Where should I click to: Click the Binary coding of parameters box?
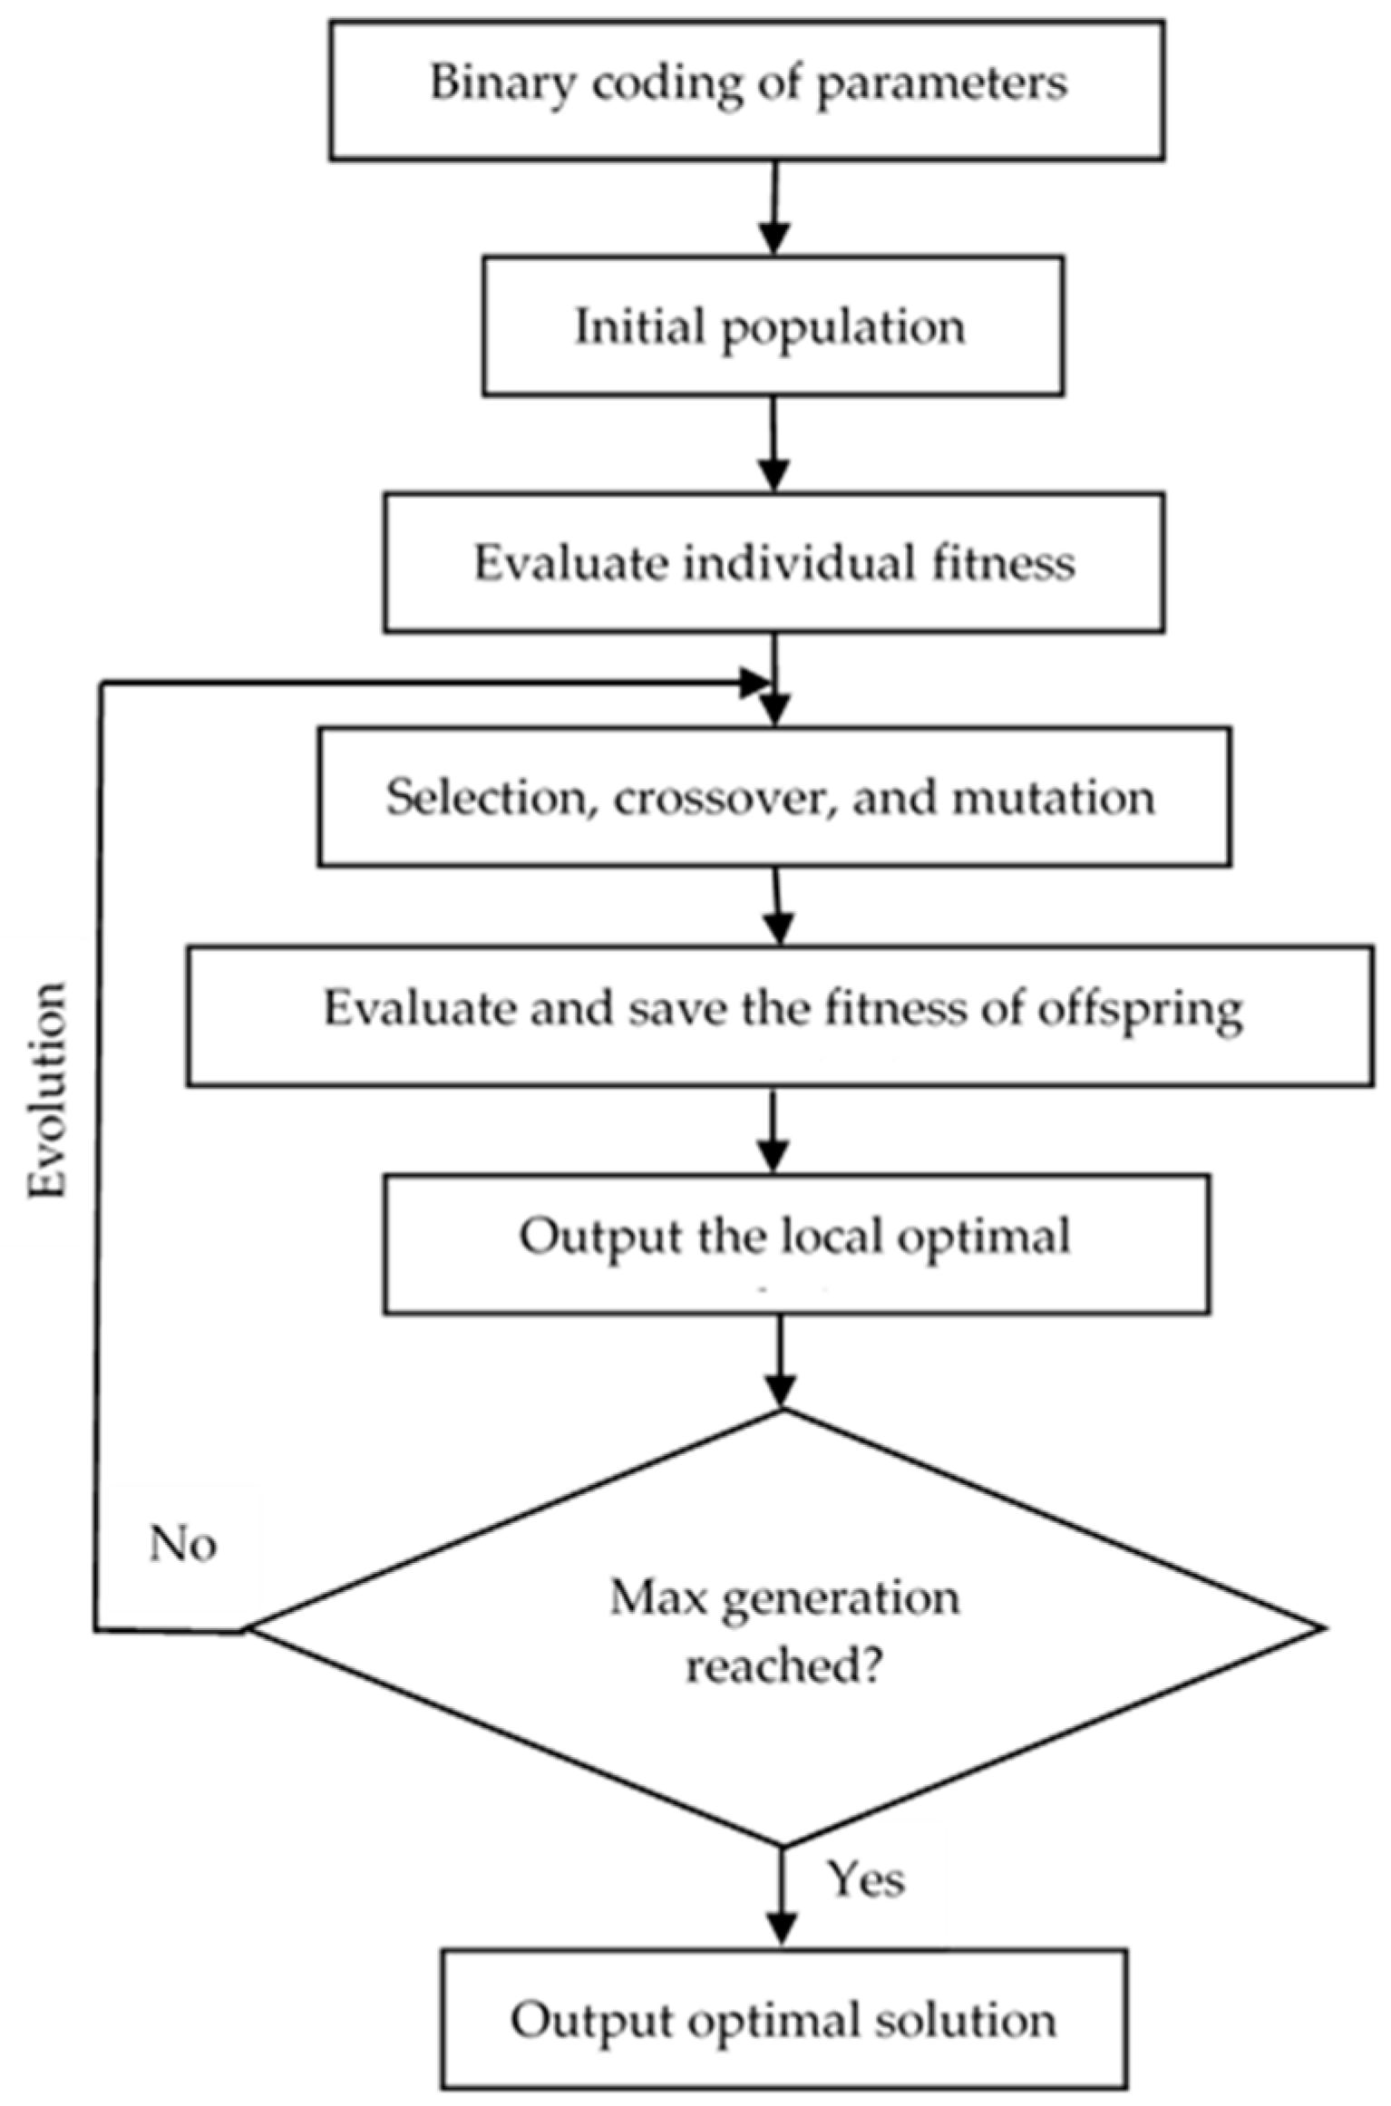click(x=746, y=91)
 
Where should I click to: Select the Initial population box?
click(x=773, y=325)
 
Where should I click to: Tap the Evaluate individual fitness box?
click(x=773, y=562)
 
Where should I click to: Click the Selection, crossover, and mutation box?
click(x=773, y=796)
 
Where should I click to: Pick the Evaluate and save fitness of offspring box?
click(x=780, y=1015)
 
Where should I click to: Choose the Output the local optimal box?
click(x=795, y=1244)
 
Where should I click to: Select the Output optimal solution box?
click(x=784, y=2019)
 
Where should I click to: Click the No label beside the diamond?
click(x=182, y=1544)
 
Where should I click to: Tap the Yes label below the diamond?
click(x=866, y=1879)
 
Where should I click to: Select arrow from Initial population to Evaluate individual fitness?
click(x=773, y=444)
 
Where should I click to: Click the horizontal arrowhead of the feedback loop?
click(x=753, y=684)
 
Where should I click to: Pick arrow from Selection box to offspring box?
click(x=778, y=907)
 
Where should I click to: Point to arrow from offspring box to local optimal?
click(x=773, y=1131)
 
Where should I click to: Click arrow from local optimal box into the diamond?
click(x=780, y=1360)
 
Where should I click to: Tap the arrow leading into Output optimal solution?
click(x=781, y=1895)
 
